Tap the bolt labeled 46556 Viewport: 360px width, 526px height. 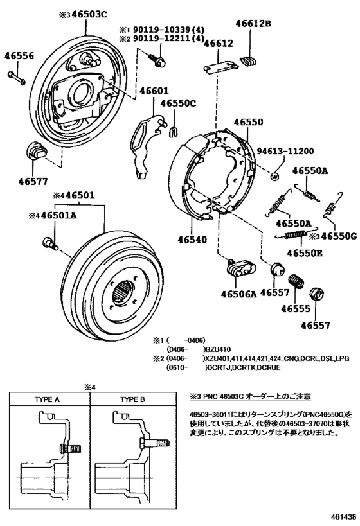tap(16, 78)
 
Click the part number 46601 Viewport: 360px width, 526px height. tap(154, 91)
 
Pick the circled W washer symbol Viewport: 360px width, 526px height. tap(274, 176)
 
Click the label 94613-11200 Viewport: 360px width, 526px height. tap(285, 152)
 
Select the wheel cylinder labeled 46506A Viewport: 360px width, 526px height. tap(241, 268)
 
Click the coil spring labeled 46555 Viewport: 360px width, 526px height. tap(296, 281)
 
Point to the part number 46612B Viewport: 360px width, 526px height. tap(253, 24)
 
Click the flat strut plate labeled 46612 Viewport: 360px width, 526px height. tap(221, 66)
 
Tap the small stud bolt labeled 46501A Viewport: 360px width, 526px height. tap(50, 243)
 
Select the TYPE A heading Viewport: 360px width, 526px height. tap(47, 399)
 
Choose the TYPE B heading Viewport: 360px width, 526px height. tap(133, 399)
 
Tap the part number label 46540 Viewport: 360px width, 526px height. tap(192, 240)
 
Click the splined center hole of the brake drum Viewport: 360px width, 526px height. tap(123, 292)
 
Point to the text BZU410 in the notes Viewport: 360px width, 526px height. tap(219, 349)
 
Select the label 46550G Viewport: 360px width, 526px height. tap(339, 236)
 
